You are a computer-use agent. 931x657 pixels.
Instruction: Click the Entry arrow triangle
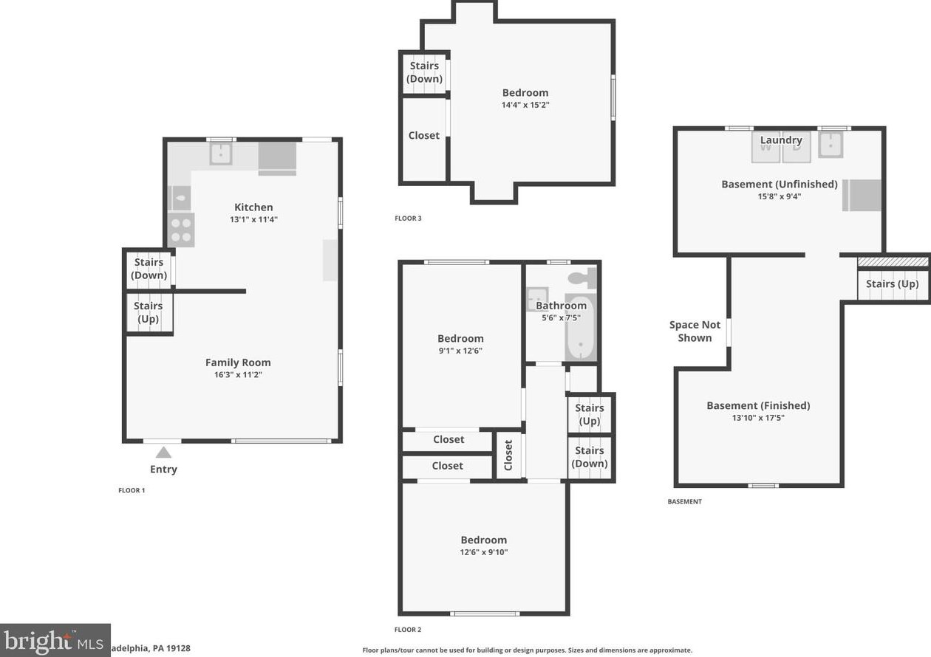coord(163,453)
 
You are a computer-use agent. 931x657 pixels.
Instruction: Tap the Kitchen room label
coord(253,207)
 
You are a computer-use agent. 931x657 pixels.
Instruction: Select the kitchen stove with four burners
coord(181,230)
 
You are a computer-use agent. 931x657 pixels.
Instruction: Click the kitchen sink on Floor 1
coord(220,154)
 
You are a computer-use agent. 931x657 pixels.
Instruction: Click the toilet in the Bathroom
coord(583,279)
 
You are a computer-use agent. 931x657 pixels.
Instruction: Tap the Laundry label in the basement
coord(781,140)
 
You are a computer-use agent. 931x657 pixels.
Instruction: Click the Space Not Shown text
coord(695,331)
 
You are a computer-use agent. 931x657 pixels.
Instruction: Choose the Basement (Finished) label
coord(758,405)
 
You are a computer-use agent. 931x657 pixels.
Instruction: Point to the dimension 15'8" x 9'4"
coord(780,196)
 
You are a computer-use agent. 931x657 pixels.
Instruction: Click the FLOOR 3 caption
coord(408,219)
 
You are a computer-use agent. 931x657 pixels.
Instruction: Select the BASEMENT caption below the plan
coord(684,502)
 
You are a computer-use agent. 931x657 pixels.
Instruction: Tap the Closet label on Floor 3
coord(424,136)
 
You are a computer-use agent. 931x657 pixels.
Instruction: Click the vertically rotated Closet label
coord(508,455)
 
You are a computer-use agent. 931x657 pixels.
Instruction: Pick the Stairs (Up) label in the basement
coord(892,284)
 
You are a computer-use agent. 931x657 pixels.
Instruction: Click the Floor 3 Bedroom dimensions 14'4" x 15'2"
coord(525,105)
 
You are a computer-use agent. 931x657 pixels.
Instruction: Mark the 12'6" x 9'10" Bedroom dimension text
coord(484,552)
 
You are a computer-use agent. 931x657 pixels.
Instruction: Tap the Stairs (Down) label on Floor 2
coord(590,457)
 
